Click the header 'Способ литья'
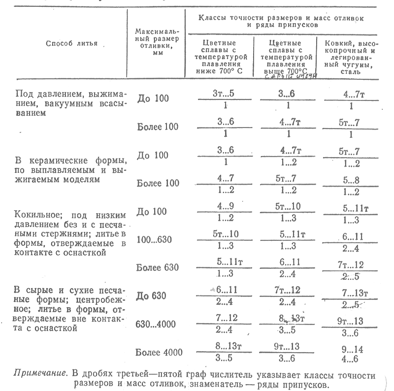coord(72,43)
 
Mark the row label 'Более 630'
coord(158,268)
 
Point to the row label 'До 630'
coord(153,296)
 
